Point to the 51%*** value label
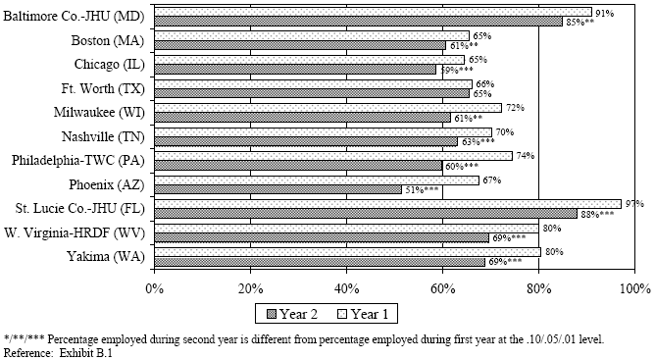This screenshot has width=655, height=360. pyautogui.click(x=424, y=189)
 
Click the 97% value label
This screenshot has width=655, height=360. pyautogui.click(x=633, y=203)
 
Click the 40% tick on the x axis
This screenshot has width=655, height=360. pyautogui.click(x=346, y=288)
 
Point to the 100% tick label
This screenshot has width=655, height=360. pyautogui.click(x=633, y=288)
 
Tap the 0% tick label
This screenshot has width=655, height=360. pyautogui.click(x=154, y=288)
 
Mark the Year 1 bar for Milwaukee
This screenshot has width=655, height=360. pyautogui.click(x=327, y=108)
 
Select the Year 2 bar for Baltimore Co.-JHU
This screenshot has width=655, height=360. pyautogui.click(x=358, y=22)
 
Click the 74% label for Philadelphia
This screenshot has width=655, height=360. pyautogui.click(x=525, y=155)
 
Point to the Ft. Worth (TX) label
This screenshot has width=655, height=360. pyautogui.click(x=104, y=88)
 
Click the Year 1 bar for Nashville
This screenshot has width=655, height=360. pyautogui.click(x=323, y=131)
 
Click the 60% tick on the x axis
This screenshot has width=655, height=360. pyautogui.click(x=442, y=288)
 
